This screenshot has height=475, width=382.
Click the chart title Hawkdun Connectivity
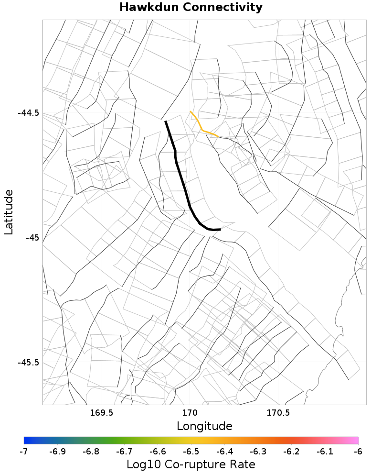tap(191, 8)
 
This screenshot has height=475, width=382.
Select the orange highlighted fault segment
tap(202, 129)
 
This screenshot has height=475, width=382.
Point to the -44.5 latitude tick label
tap(28, 113)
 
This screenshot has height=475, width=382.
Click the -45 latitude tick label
tap(32, 238)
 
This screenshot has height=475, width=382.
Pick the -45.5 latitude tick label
tap(28, 362)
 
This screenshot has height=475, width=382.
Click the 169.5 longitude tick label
tap(101, 412)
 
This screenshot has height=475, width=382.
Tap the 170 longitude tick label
tap(190, 412)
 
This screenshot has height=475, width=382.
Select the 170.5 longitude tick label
tap(278, 412)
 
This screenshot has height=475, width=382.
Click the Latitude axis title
tap(9, 211)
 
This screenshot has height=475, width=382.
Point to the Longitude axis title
tap(204, 426)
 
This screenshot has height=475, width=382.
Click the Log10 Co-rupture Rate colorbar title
tap(191, 464)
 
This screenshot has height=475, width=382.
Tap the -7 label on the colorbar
tap(24, 452)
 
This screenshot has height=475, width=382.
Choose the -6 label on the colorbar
tap(358, 452)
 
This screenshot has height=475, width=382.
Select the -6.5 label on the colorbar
tap(191, 452)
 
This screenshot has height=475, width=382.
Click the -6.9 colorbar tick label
tap(57, 452)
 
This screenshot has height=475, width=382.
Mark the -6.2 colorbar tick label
tap(291, 452)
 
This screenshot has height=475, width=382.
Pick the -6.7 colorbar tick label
tap(124, 452)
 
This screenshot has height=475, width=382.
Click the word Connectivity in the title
tap(223, 8)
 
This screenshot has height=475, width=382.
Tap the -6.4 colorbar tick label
tap(224, 452)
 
